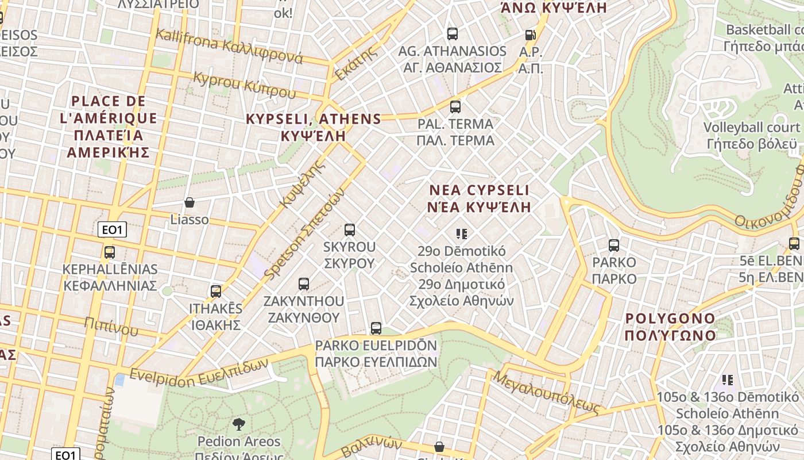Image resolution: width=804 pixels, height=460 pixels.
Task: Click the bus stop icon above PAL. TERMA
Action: click(455, 106)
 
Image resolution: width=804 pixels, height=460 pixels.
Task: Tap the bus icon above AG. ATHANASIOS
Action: click(453, 34)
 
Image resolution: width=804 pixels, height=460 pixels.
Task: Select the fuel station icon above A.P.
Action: click(530, 35)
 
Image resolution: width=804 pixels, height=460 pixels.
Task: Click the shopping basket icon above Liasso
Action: click(190, 202)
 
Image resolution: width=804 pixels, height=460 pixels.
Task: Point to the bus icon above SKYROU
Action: click(350, 230)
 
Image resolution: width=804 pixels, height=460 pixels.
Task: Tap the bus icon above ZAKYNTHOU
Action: click(304, 284)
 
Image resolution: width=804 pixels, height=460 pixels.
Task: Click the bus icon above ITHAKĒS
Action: click(216, 292)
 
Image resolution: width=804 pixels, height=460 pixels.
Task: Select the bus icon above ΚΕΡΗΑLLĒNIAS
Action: click(110, 252)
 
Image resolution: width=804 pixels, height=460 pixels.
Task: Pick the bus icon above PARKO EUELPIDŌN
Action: click(376, 328)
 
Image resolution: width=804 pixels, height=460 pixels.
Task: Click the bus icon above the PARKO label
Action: click(614, 246)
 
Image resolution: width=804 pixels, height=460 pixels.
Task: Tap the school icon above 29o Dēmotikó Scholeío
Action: click(461, 234)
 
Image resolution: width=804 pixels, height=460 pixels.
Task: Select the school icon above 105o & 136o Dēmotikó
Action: click(728, 380)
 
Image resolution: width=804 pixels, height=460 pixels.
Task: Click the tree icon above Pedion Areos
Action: click(239, 425)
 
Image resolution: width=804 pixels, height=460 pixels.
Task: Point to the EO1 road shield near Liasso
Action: click(112, 231)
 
